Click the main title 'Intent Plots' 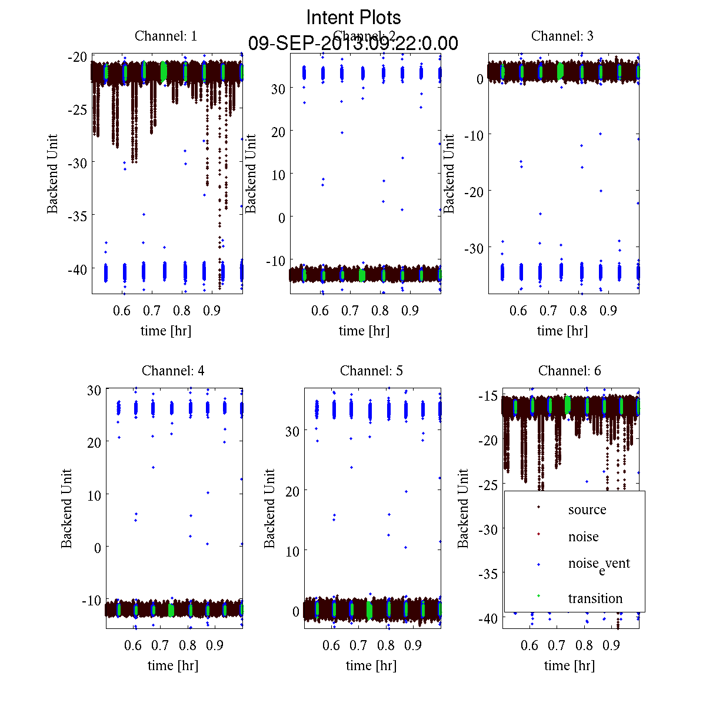[354, 17]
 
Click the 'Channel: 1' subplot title [166, 36]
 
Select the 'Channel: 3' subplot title [562, 36]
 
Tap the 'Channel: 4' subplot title [173, 371]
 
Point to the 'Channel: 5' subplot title [371, 371]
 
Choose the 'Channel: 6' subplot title [570, 371]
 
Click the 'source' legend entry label [587, 510]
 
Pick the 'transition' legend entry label [595, 599]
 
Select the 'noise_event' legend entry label [598, 564]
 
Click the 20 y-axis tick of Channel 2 [278, 132]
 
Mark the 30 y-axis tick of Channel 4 [94, 389]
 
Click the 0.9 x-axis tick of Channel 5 [413, 645]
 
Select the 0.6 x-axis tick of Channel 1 [122, 311]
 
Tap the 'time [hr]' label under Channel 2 [364, 331]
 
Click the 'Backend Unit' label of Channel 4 [66, 508]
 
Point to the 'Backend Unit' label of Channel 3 [449, 174]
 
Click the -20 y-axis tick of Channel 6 [489, 441]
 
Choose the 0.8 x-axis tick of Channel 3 [579, 311]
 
